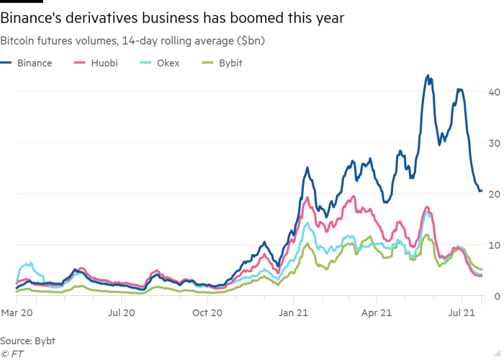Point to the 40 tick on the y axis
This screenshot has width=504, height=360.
point(493,91)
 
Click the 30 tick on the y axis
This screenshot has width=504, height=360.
point(493,143)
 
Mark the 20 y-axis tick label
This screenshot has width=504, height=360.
point(493,194)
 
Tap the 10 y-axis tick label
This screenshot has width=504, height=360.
point(493,245)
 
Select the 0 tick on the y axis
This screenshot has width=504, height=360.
point(496,296)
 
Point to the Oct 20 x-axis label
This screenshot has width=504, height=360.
point(207,313)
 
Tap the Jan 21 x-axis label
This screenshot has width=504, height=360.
point(294,313)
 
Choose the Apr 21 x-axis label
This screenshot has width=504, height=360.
point(380,313)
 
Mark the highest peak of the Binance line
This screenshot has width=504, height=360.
point(428,75)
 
